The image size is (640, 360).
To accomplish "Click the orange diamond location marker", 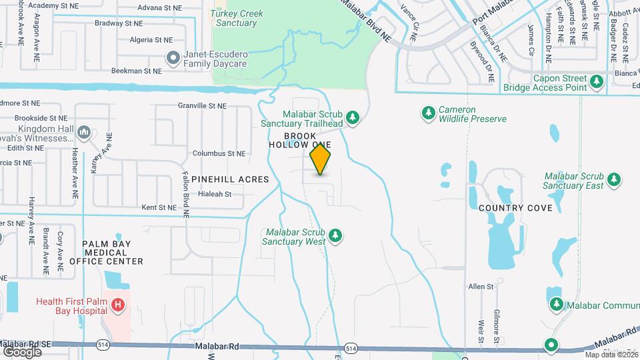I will pyautogui.click(x=320, y=160).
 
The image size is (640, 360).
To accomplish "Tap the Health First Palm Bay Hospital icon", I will pyautogui.click(x=118, y=305).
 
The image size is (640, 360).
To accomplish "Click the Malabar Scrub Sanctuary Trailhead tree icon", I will pyautogui.click(x=353, y=118).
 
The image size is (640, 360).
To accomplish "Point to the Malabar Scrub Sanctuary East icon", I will pyautogui.click(x=614, y=180).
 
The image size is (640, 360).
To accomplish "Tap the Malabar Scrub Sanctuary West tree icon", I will pyautogui.click(x=336, y=236).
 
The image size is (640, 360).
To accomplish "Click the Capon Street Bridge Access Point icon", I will pyautogui.click(x=597, y=81).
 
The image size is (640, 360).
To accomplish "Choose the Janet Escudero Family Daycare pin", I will pyautogui.click(x=173, y=58).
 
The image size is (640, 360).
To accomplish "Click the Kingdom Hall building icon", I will pyautogui.click(x=84, y=131).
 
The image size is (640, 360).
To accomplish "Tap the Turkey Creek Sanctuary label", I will pyautogui.click(x=237, y=18).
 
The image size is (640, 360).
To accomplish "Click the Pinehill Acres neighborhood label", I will pyautogui.click(x=230, y=179).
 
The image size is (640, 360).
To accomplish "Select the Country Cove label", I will pyautogui.click(x=515, y=208).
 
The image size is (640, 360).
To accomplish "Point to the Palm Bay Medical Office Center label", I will pyautogui.click(x=113, y=253).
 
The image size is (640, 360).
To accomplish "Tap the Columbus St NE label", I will pyautogui.click(x=219, y=153).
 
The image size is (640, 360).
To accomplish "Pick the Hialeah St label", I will pyautogui.click(x=215, y=195).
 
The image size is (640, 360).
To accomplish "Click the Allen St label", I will pyautogui.click(x=480, y=287).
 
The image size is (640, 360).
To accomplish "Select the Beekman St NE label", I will pyautogui.click(x=136, y=70).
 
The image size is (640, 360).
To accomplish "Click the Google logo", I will pyautogui.click(x=22, y=351).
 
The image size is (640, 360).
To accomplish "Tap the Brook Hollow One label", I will pyautogui.click(x=299, y=140).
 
